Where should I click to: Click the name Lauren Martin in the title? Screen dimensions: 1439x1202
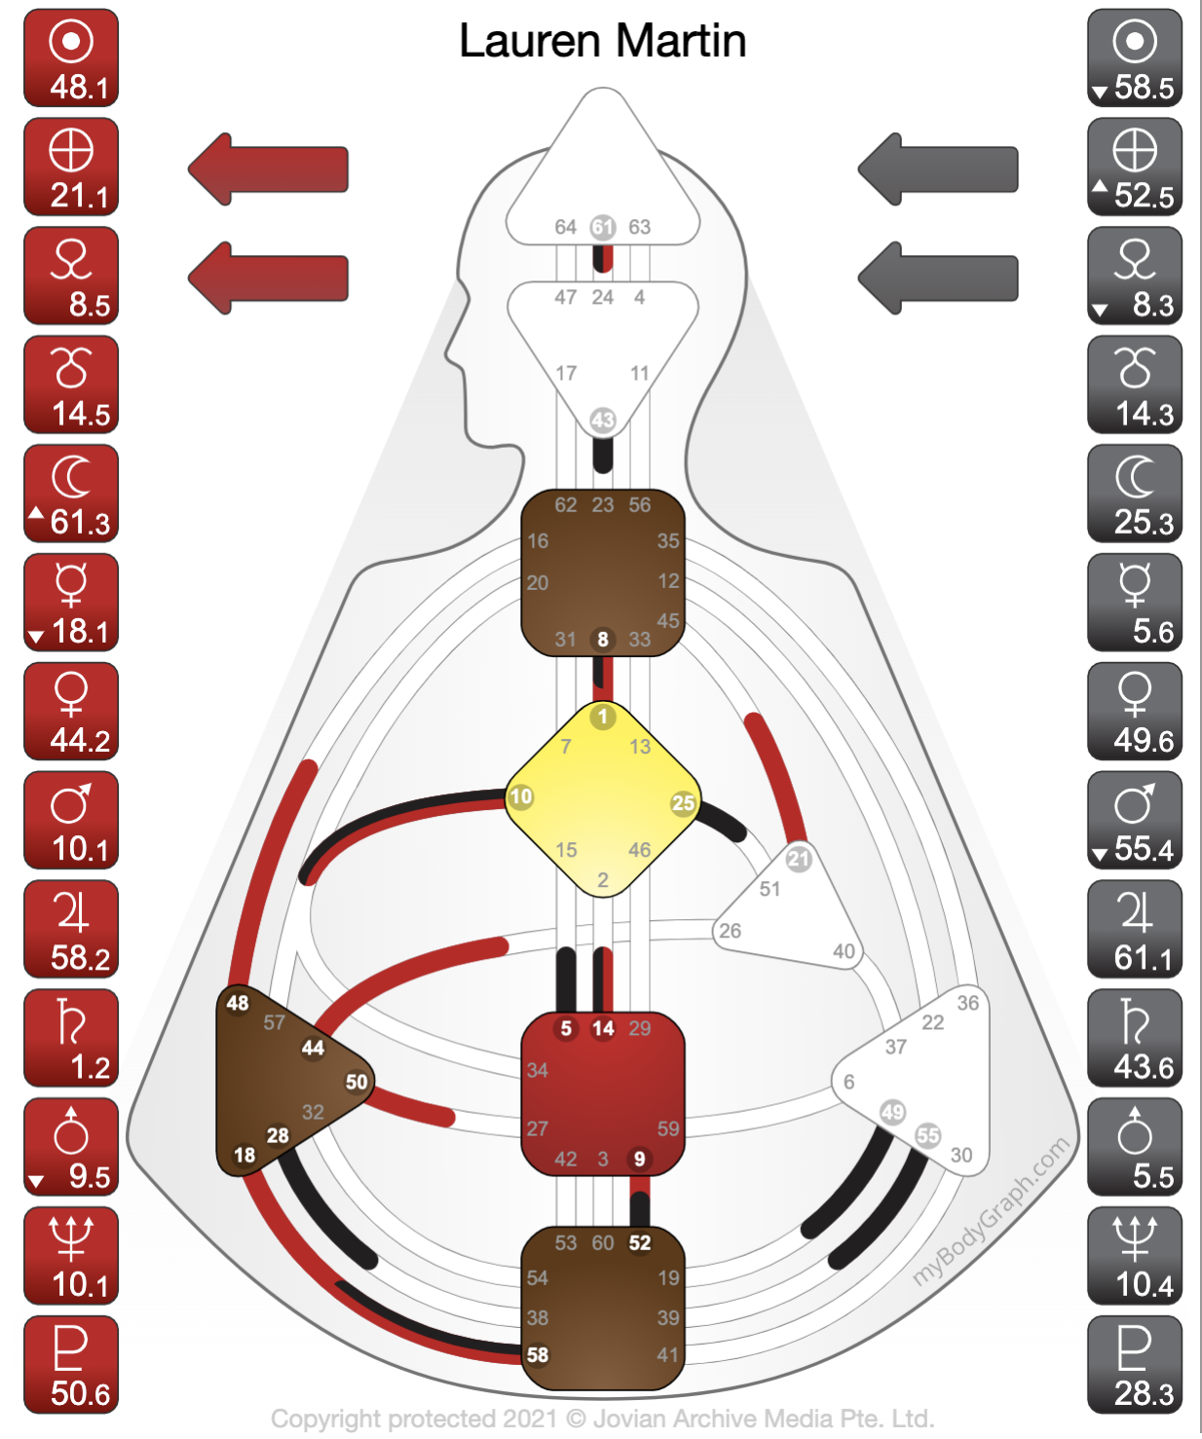point(602,42)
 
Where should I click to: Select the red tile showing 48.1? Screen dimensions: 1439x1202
point(71,58)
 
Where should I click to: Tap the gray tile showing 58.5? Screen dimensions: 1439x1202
point(1134,58)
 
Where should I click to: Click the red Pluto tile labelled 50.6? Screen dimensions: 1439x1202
point(71,1364)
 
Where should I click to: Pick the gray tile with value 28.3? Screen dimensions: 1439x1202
point(1134,1364)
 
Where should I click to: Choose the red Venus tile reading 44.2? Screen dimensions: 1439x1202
point(71,711)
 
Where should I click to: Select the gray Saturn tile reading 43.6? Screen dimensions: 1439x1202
point(1134,1038)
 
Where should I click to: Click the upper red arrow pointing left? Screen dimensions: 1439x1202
point(269,169)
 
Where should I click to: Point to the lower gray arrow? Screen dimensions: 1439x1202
point(937,277)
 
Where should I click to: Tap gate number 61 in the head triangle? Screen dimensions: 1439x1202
point(603,227)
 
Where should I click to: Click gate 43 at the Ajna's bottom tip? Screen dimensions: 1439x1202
point(603,420)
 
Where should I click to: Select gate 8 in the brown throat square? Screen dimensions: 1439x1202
point(603,639)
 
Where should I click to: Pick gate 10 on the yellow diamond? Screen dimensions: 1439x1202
point(521,796)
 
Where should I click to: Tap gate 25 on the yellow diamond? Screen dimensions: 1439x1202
point(684,802)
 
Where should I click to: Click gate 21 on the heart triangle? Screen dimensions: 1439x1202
point(799,858)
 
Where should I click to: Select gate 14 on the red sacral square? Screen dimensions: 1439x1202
point(603,1028)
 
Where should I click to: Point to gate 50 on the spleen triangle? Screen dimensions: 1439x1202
point(357,1082)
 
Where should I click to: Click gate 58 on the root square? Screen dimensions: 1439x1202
point(538,1354)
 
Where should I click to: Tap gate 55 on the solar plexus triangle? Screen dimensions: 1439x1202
point(928,1135)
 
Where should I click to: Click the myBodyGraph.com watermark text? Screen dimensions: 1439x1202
point(991,1211)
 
